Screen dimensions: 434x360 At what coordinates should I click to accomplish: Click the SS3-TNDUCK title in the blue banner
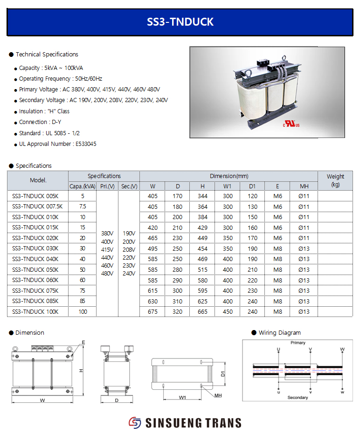(180, 21)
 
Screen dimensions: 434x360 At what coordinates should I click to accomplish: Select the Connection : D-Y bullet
(40, 122)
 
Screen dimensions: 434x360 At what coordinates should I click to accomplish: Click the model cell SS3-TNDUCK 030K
(35, 248)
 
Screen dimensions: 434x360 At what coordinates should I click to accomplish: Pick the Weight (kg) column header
(335, 180)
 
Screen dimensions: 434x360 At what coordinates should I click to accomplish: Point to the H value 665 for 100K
(202, 312)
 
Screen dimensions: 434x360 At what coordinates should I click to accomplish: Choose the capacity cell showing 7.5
(83, 207)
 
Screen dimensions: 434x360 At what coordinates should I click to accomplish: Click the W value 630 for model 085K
(152, 301)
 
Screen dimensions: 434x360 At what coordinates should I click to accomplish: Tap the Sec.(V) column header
(129, 186)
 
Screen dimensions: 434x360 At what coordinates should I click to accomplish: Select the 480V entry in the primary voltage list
(107, 274)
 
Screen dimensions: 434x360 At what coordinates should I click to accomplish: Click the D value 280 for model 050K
(178, 270)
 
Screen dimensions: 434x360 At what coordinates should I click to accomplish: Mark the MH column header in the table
(304, 186)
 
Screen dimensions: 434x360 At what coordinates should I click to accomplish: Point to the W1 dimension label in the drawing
(182, 398)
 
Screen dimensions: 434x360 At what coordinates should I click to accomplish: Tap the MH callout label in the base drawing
(218, 395)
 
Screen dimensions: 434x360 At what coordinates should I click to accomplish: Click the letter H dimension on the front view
(81, 371)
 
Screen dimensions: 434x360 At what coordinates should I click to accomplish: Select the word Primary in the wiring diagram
(298, 343)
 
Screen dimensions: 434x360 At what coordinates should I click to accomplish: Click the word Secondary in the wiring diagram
(298, 398)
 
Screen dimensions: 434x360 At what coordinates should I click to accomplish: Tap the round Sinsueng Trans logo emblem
(135, 422)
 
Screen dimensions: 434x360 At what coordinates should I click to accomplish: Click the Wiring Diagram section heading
(279, 333)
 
